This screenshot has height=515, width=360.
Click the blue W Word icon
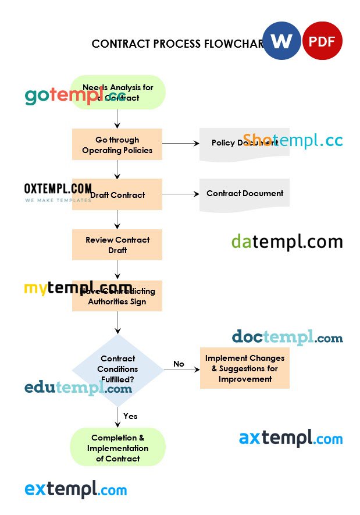tap(281, 41)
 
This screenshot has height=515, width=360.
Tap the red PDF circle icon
tap(323, 41)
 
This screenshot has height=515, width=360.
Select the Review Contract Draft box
tap(117, 244)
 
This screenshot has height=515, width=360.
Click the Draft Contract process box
tap(117, 194)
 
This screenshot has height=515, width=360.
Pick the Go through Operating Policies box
tap(117, 144)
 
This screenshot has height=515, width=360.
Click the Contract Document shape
tap(245, 193)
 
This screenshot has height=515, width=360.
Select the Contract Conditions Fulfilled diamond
tap(117, 370)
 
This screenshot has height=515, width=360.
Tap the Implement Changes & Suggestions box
tap(245, 368)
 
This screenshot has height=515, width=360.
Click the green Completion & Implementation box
tap(117, 447)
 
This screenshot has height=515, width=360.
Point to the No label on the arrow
tap(179, 364)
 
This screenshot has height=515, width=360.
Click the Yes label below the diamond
tap(130, 416)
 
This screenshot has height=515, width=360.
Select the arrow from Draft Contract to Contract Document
tap(180, 194)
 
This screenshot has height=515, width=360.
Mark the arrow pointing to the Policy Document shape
tap(180, 143)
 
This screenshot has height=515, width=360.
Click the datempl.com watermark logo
tap(287, 241)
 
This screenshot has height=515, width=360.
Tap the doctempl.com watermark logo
tap(287, 337)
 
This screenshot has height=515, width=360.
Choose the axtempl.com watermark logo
tap(290, 438)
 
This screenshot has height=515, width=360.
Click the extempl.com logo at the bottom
tap(76, 489)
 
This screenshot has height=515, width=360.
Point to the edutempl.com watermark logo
tap(78, 388)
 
